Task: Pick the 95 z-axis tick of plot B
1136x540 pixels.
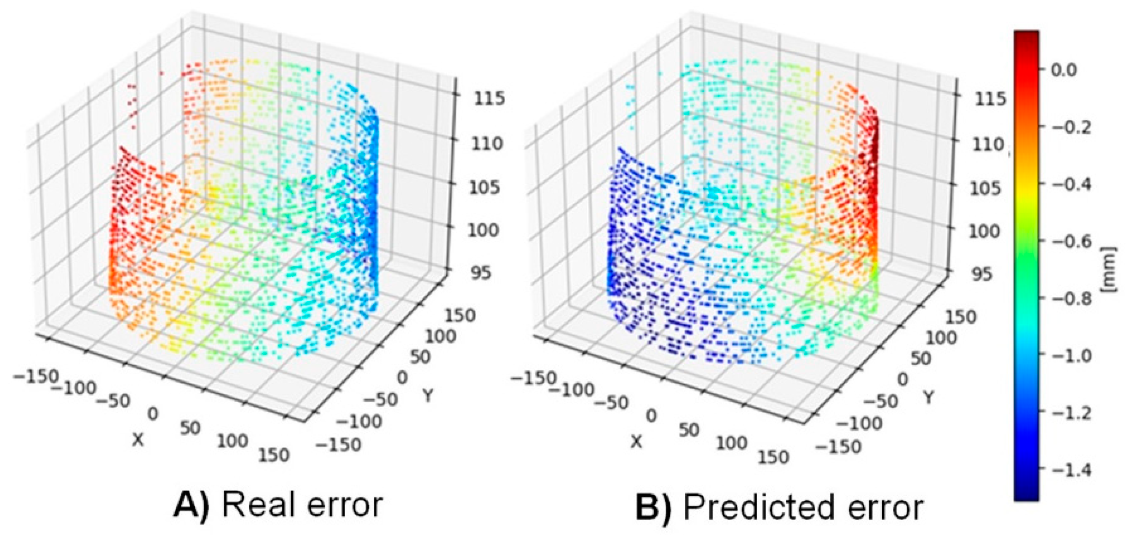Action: point(981,273)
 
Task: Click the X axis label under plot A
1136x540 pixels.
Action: point(138,440)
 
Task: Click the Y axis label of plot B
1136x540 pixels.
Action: point(928,397)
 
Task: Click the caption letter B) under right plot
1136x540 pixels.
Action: point(653,507)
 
